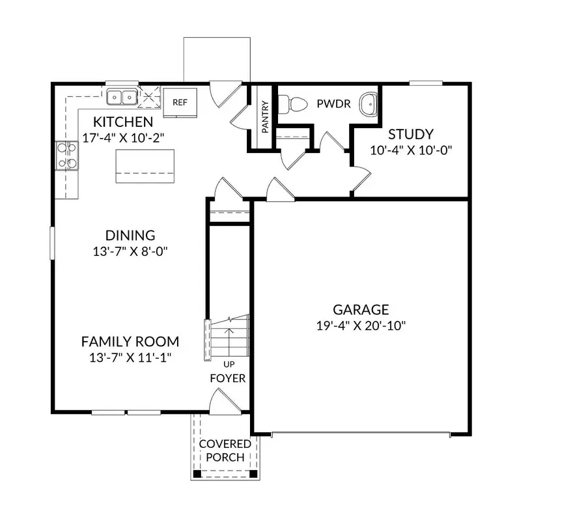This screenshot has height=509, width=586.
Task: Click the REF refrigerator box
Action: coord(180,102)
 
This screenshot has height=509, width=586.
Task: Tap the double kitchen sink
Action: coord(122,98)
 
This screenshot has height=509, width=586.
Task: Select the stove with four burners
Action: coord(66,156)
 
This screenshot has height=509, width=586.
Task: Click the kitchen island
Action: coord(145,166)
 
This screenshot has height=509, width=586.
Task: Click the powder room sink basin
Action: coord(369,103)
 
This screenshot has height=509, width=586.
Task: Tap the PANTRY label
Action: coord(266,117)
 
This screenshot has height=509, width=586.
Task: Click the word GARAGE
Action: coord(361,310)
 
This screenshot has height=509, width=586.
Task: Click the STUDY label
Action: coord(411,135)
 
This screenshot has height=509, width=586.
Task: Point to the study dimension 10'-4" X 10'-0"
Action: coord(411,150)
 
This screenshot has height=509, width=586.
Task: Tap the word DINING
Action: coord(130,236)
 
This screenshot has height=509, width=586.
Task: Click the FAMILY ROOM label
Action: coord(130,342)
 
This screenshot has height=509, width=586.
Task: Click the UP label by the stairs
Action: coord(229,364)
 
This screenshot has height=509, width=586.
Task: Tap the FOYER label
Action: coord(228,378)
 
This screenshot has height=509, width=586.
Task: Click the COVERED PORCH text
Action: coord(225,450)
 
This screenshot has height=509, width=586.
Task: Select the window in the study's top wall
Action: coord(426,83)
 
